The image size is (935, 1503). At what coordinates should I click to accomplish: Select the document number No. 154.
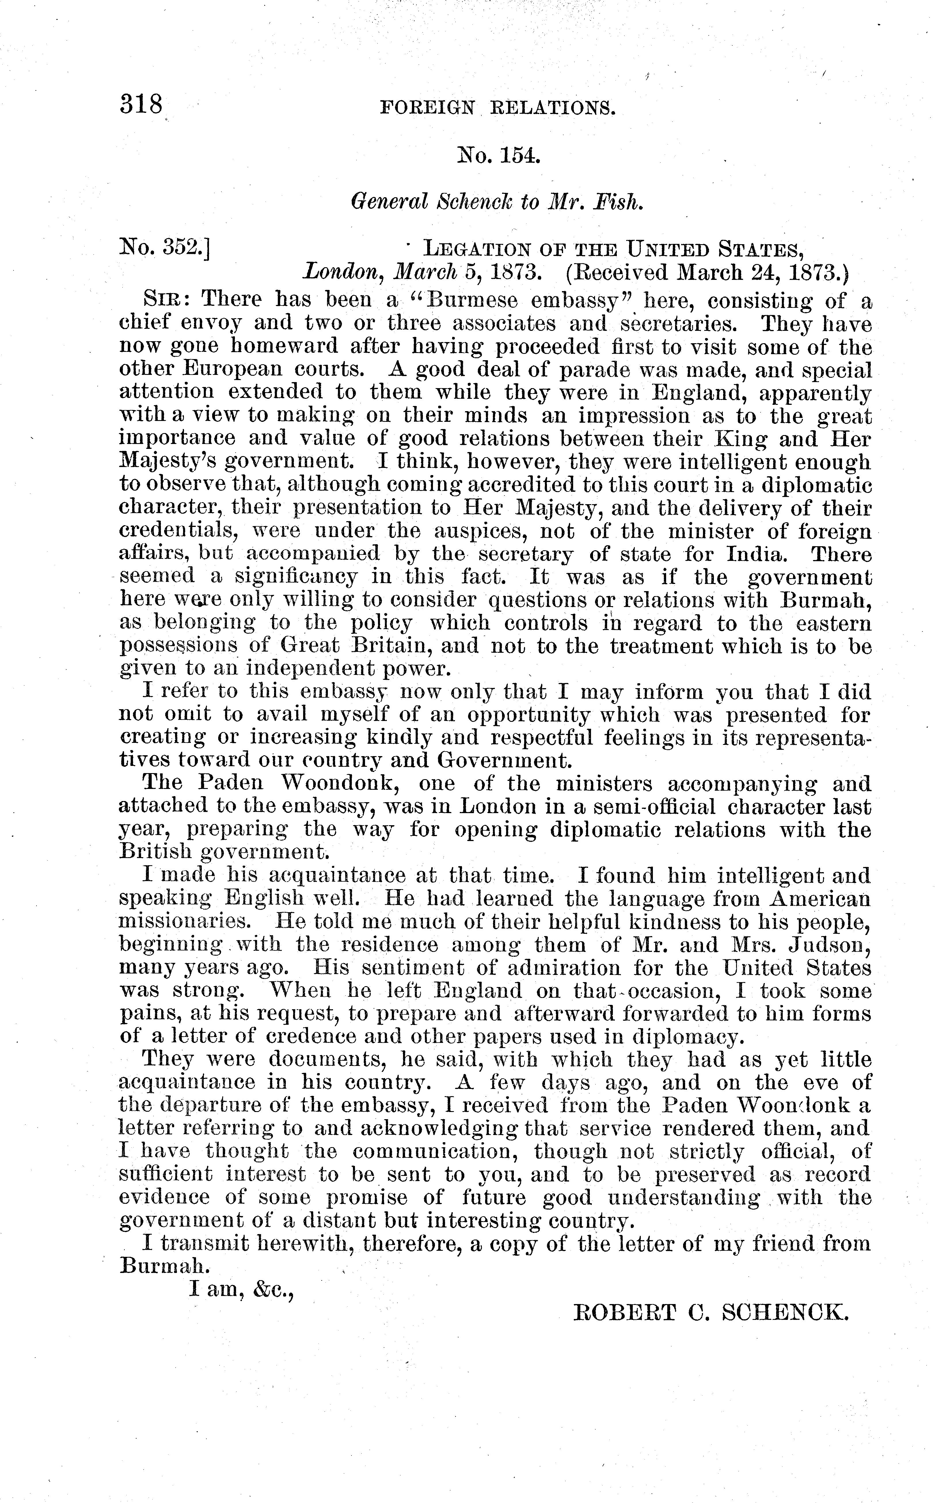click(498, 155)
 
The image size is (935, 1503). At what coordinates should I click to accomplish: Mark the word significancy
click(296, 577)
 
